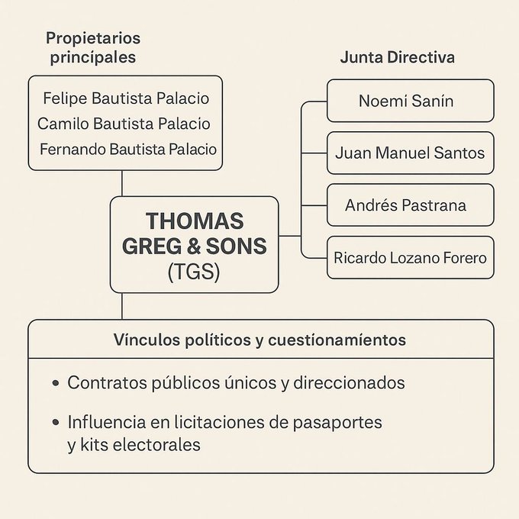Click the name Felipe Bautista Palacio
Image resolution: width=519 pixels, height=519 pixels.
pyautogui.click(x=126, y=98)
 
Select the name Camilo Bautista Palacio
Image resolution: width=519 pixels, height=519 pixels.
pyautogui.click(x=124, y=124)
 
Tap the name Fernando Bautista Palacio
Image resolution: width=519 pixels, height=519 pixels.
pyautogui.click(x=128, y=150)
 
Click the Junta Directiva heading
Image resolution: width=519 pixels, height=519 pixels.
pyautogui.click(x=397, y=57)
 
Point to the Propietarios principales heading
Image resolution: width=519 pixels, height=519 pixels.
pyautogui.click(x=93, y=47)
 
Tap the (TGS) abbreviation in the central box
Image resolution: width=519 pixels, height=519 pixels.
pyautogui.click(x=194, y=272)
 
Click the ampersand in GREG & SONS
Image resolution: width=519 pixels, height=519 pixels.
pyautogui.click(x=194, y=247)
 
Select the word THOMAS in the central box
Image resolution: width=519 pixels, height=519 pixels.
pyautogui.click(x=195, y=221)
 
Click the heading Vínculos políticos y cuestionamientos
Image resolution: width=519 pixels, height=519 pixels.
pyautogui.click(x=259, y=340)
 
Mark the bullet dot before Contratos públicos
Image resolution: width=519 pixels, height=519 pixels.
pyautogui.click(x=56, y=383)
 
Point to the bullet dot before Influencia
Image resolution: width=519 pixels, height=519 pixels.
pyautogui.click(x=56, y=422)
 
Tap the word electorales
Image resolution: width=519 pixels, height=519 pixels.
pyautogui.click(x=156, y=444)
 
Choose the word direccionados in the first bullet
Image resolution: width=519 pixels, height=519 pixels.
pyautogui.click(x=349, y=383)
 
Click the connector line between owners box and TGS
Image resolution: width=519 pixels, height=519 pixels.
pyautogui.click(x=122, y=184)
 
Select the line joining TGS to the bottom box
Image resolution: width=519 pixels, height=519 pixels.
pyautogui.click(x=122, y=306)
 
